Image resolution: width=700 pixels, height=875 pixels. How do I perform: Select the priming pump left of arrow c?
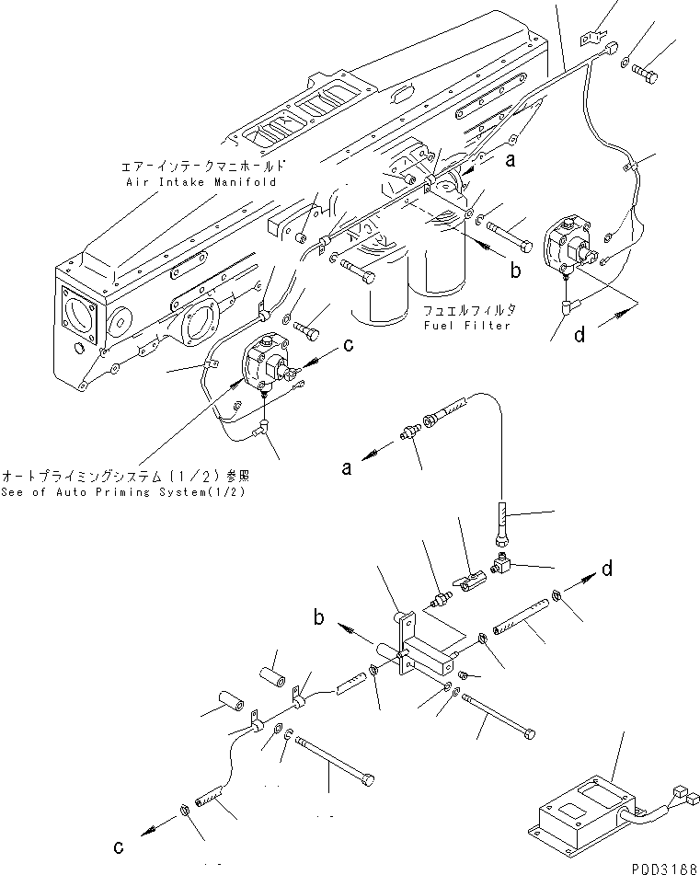click(x=267, y=365)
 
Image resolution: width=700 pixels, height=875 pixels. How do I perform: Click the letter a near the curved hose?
click(x=347, y=467)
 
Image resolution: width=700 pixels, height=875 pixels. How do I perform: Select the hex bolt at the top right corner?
click(x=645, y=75)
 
